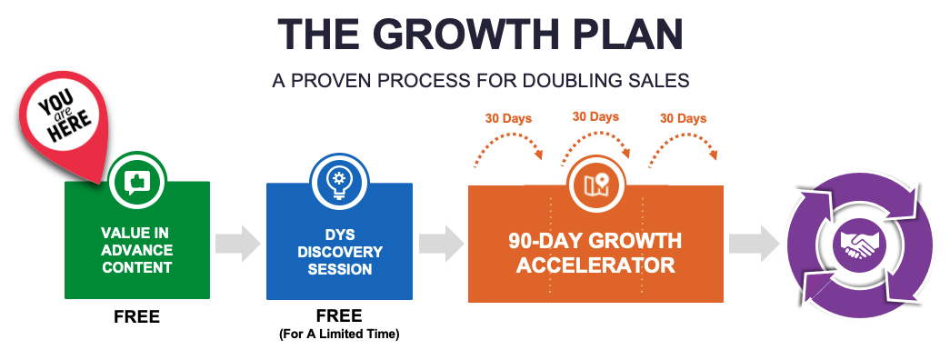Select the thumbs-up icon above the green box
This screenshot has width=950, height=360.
(136, 181)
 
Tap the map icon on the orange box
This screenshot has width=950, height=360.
(595, 185)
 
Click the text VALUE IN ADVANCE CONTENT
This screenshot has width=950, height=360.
(136, 250)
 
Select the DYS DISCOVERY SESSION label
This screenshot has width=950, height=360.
(339, 252)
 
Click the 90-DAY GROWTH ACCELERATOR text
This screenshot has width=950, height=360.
(595, 253)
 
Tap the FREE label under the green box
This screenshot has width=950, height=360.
(136, 316)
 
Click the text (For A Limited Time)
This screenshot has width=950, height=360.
(339, 334)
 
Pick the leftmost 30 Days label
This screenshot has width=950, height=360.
(508, 118)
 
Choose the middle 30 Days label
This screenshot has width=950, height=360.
(596, 116)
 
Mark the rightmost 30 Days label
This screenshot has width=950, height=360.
(684, 118)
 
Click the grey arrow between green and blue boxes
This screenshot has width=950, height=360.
(238, 243)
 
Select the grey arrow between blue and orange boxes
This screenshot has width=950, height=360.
(442, 243)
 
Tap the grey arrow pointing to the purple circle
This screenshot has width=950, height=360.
(753, 243)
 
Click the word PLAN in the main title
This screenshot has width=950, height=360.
(641, 34)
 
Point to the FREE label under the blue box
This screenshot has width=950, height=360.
(339, 315)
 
